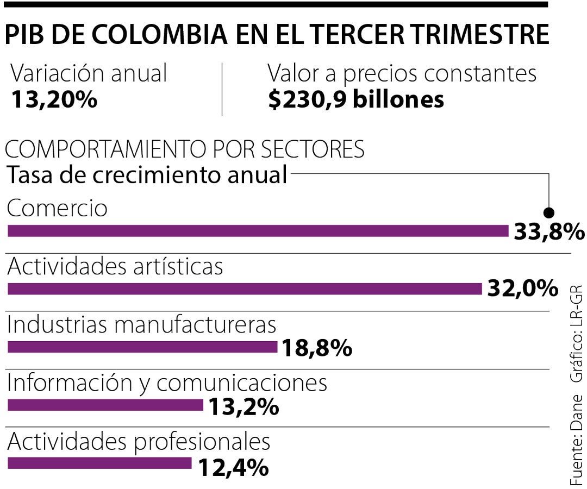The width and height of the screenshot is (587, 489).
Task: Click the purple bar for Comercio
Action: point(258,231)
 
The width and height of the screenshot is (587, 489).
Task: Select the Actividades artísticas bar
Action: point(245,289)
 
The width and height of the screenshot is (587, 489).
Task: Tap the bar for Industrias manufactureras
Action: point(142,347)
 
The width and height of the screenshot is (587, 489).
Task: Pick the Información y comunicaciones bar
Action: point(105,405)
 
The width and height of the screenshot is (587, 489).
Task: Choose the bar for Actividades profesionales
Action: point(100,463)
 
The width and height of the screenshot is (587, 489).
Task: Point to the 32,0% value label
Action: point(522,289)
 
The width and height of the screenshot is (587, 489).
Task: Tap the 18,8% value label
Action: point(316,348)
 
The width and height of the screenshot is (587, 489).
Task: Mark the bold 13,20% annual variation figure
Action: point(54,99)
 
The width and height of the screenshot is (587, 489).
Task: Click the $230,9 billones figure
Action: point(356,99)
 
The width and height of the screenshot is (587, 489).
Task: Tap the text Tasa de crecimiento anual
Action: point(147,175)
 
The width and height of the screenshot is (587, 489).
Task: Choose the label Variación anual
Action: point(89,74)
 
